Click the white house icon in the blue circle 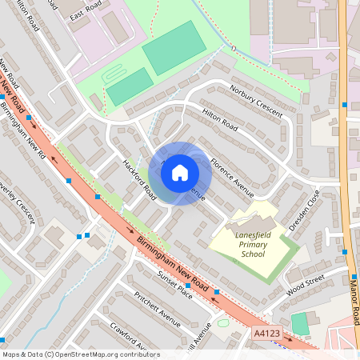point(180,173)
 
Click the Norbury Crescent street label point(256,101)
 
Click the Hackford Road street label point(138,176)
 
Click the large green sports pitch point(174,48)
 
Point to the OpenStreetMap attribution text point(81,354)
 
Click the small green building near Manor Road point(299,324)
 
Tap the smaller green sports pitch point(129,86)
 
